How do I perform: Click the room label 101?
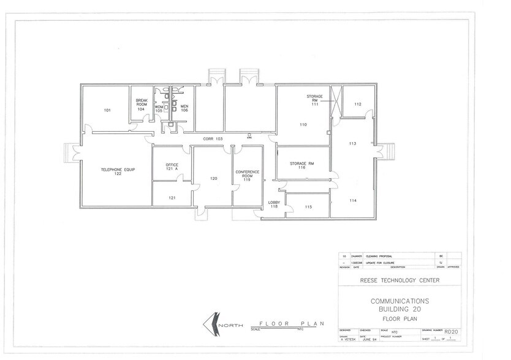tap(107, 110)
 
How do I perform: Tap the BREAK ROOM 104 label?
tap(142, 104)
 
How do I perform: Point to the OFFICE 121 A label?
tap(172, 168)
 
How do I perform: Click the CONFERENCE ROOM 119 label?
tap(247, 176)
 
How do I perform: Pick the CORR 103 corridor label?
tap(213, 139)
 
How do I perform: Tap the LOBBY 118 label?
tap(273, 204)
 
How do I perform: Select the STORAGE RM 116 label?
tap(302, 165)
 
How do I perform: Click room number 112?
tap(358, 104)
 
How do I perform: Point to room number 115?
tap(308, 207)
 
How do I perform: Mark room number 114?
tap(352, 201)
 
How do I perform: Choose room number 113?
tap(352, 143)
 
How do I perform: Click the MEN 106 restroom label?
tap(184, 108)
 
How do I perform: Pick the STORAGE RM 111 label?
tap(314, 99)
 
